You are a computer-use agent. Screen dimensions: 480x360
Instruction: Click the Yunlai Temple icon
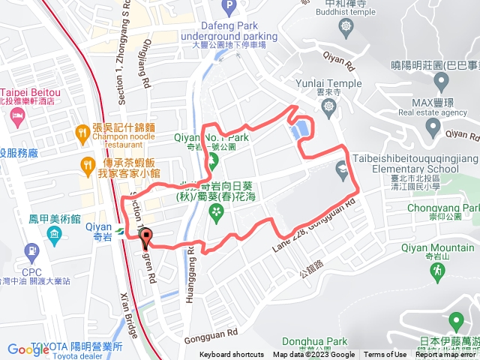click(329, 107)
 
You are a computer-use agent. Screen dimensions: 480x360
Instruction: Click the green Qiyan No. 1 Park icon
click(213, 159)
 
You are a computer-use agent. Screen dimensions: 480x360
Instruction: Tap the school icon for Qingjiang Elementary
click(343, 168)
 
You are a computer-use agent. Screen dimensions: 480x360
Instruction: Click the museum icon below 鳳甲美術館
click(54, 235)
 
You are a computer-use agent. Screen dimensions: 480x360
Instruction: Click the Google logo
click(28, 349)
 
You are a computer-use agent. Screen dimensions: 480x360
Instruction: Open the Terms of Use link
click(385, 355)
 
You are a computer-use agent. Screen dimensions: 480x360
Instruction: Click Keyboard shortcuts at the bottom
click(231, 355)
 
